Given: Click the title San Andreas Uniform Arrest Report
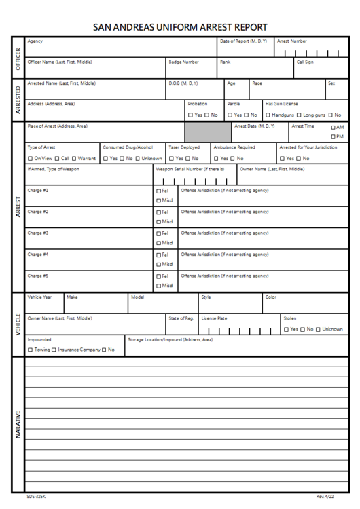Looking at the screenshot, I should coord(179,27).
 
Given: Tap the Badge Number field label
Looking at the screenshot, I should coord(183,62).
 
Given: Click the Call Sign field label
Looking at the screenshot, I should coord(304,62).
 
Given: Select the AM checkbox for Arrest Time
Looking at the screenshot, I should coord(333,128).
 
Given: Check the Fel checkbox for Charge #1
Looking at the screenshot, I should coord(159,191).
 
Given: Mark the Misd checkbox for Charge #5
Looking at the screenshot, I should coord(159,286).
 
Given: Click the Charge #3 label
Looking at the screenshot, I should coord(37,233).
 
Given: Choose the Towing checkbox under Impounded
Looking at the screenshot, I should coord(30,350).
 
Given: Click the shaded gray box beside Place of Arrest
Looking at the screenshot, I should coord(206,132).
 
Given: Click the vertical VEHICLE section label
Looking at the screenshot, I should coord(16,324).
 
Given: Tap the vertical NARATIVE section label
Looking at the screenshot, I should coord(16,423).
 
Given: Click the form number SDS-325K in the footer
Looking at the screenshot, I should coord(36,497).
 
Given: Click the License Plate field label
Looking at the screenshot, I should coord(214,318).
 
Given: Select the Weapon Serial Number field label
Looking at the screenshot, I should coord(190,169).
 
